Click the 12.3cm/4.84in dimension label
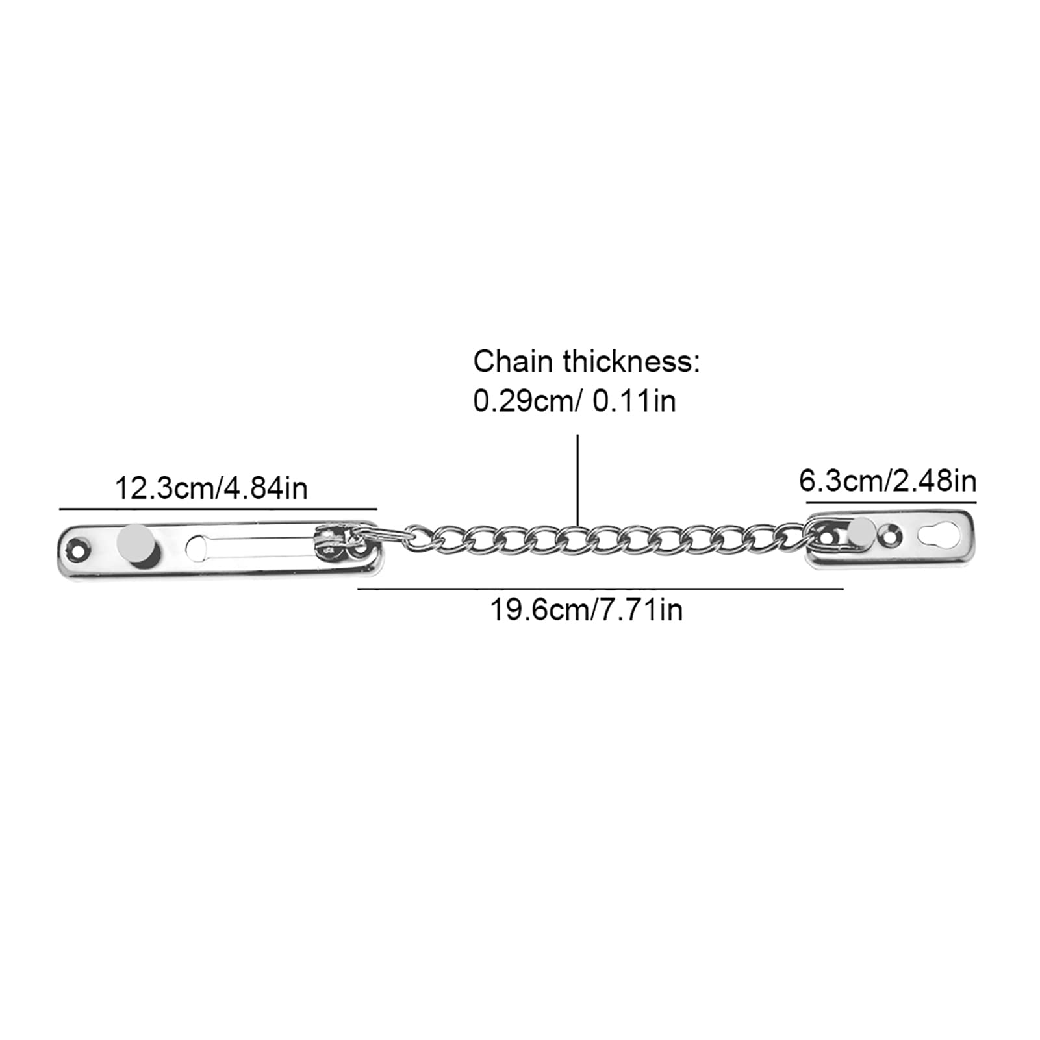tap(211, 488)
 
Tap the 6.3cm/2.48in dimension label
tap(887, 481)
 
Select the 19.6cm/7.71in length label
tap(586, 610)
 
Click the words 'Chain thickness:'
tap(587, 362)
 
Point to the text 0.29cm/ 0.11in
tap(574, 401)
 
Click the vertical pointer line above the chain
tap(577, 480)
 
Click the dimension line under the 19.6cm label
tap(600, 589)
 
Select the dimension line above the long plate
tap(218, 508)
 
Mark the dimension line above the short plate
tap(891, 502)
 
